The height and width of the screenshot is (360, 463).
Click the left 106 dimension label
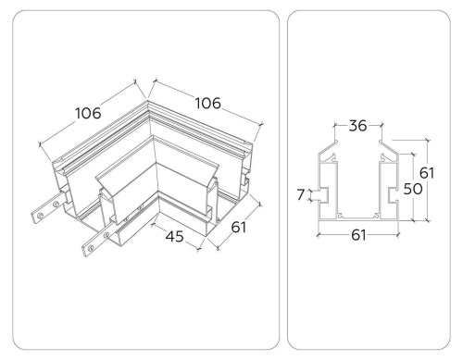point(88,113)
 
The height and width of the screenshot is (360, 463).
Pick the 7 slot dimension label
point(301,194)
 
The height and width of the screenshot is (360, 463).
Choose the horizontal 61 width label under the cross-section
point(357,234)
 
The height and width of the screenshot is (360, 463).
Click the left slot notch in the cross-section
point(319,194)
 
